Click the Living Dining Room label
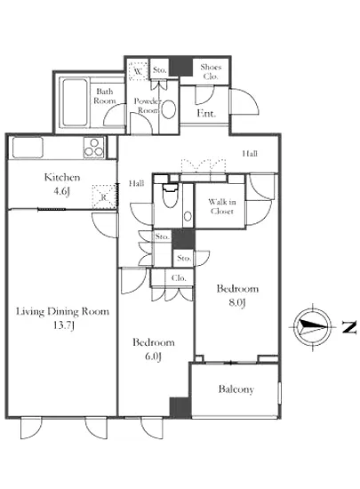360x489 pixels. click(62, 311)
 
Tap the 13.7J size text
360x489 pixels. click(64, 325)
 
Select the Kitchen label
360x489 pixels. click(62, 178)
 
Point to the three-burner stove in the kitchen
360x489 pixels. click(94, 148)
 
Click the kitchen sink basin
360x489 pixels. click(28, 148)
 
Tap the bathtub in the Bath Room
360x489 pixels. click(75, 102)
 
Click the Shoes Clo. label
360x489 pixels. click(211, 71)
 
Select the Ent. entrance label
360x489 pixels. click(206, 113)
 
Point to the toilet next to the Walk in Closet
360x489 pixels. click(170, 196)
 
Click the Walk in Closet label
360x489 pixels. click(222, 206)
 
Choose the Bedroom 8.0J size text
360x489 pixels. click(237, 302)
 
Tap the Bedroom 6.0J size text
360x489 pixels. click(153, 357)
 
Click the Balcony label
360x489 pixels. click(236, 389)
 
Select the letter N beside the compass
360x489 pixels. click(349, 327)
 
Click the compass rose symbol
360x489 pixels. click(313, 327)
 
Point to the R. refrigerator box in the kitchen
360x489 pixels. click(104, 196)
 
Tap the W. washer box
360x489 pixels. click(138, 71)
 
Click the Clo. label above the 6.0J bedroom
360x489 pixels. click(179, 278)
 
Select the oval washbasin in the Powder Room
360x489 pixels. click(169, 109)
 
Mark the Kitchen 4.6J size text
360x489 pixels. click(61, 191)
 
